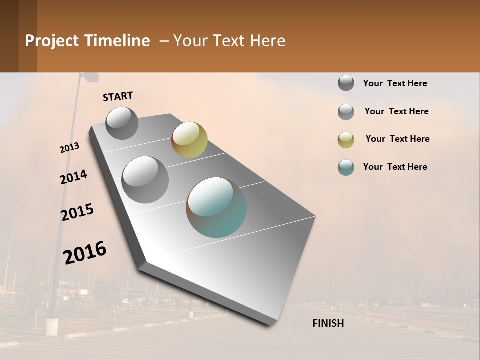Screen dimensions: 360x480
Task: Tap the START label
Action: pos(118,96)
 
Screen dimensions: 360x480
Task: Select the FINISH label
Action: pos(328,323)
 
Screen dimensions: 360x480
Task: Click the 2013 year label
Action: pos(69,148)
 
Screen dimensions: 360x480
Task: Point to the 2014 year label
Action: pos(73,177)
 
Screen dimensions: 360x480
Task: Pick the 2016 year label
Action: pos(85,253)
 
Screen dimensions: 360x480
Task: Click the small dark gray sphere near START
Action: pos(122,123)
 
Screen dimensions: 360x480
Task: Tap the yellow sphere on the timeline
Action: pos(189,140)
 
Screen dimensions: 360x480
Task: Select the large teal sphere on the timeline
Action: pos(216,207)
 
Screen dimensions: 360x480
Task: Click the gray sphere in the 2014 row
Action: pos(145,179)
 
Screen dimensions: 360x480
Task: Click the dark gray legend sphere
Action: pos(346,83)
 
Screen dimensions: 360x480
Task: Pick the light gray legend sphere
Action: pos(346,112)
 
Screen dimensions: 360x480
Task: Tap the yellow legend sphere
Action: pos(346,140)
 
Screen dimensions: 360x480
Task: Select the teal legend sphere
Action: pos(346,167)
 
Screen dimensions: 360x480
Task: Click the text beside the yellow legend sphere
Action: pos(397,139)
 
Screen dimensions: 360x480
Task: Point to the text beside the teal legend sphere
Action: pos(395,167)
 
